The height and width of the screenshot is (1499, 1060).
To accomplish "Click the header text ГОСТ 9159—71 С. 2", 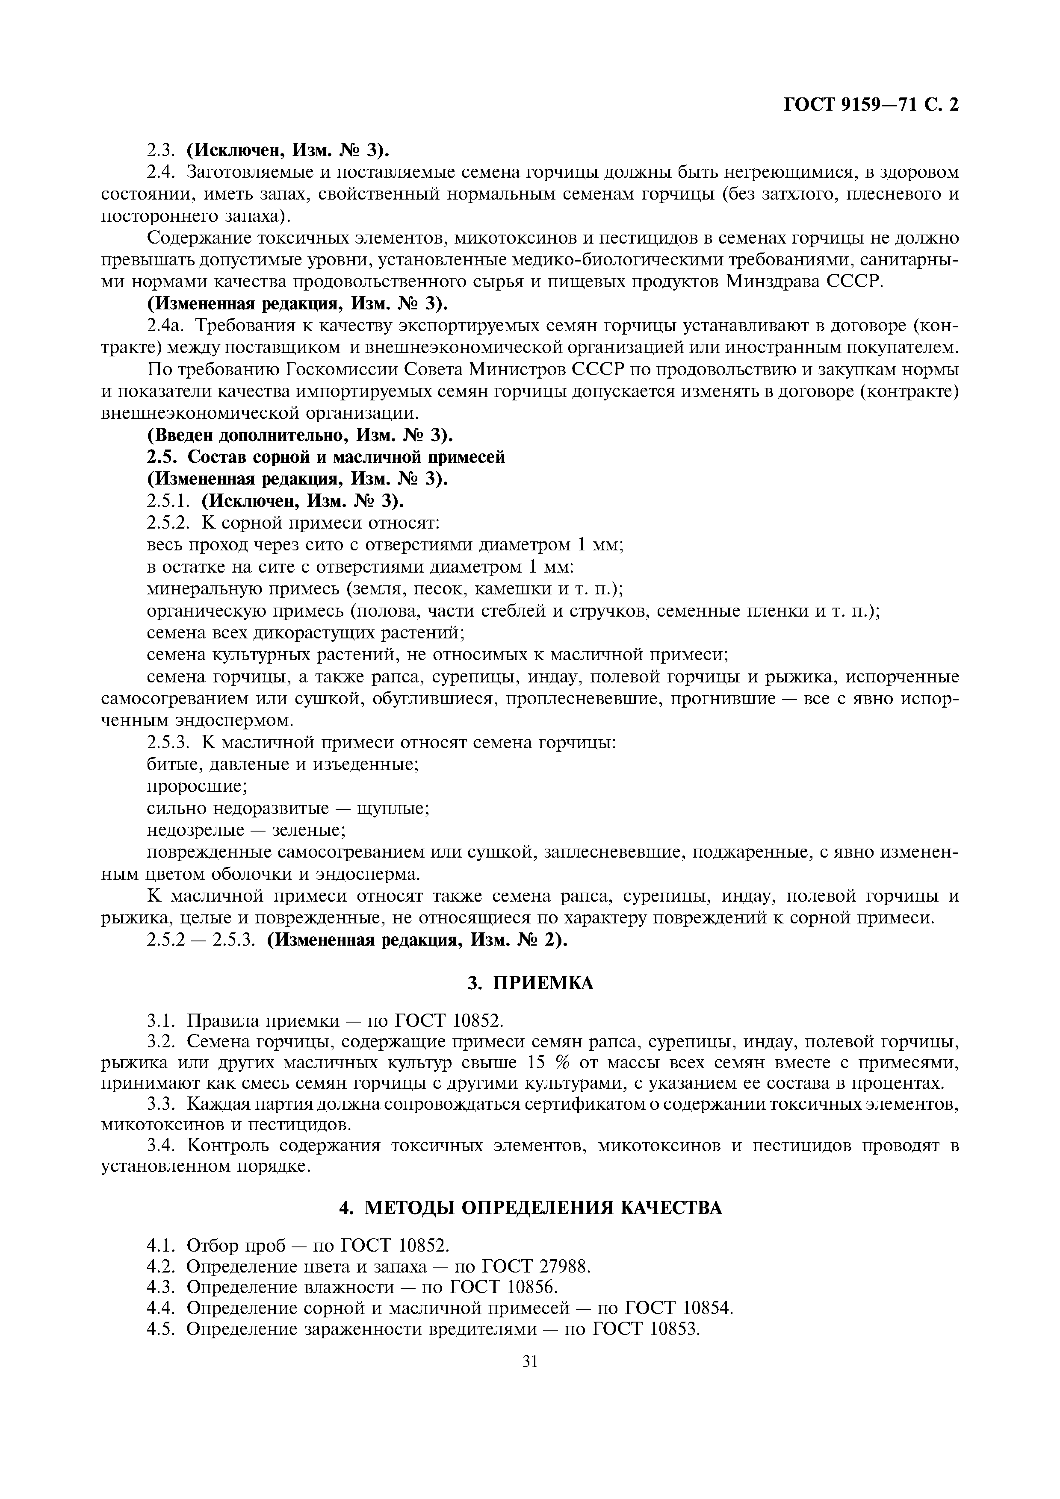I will (x=871, y=105).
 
